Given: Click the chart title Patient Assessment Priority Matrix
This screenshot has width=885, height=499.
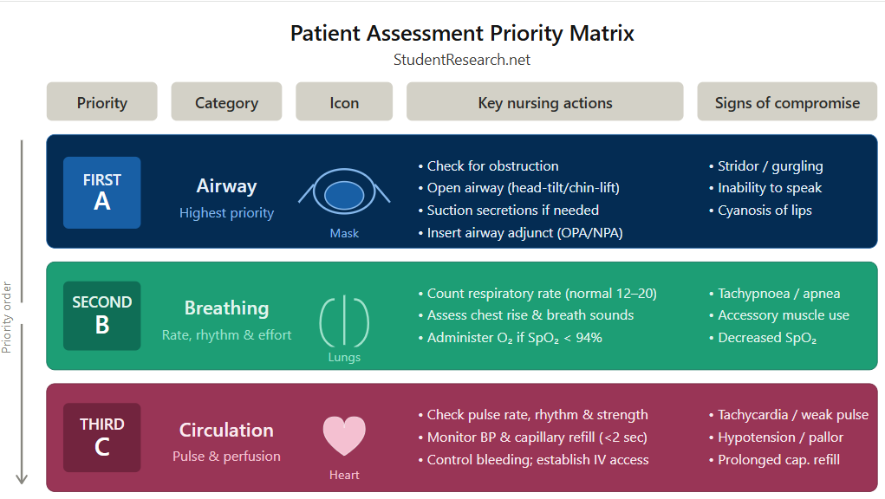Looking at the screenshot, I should click(x=462, y=34).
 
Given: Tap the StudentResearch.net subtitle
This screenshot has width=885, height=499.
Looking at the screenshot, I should click(x=462, y=60).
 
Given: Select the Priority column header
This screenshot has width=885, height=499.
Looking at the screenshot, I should click(x=102, y=102).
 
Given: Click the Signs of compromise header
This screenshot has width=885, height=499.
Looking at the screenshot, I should click(x=787, y=102).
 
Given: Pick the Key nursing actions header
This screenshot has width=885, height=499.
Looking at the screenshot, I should click(x=545, y=102).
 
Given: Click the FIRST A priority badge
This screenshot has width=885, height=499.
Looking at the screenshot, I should click(x=102, y=192).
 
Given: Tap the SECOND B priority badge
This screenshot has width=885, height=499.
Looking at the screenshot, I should click(x=102, y=314).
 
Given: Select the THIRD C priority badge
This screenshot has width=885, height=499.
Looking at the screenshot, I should click(x=102, y=437).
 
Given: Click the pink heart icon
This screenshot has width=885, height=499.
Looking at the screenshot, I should click(x=344, y=435).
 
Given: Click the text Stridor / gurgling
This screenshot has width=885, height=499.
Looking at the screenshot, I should click(x=770, y=166).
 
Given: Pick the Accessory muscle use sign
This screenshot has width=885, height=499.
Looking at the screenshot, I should click(x=783, y=315).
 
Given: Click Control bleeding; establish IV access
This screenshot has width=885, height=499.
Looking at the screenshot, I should click(x=537, y=460).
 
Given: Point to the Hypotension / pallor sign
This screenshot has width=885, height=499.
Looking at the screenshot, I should click(x=780, y=437).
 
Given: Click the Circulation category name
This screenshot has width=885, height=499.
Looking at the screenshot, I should click(x=226, y=430).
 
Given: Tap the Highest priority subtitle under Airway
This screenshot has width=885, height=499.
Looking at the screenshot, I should click(x=226, y=213).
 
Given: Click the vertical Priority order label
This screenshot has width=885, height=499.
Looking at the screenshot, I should click(x=7, y=317).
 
